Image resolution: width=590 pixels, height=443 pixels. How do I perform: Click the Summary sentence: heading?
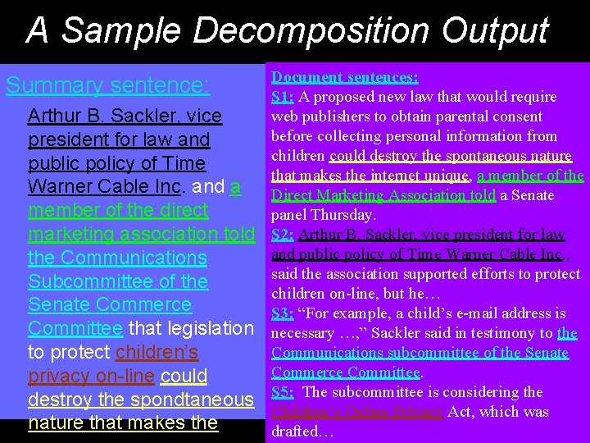tap(107, 85)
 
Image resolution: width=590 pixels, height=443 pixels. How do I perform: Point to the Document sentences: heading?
tap(345, 77)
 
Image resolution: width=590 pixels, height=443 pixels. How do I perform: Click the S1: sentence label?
tap(283, 97)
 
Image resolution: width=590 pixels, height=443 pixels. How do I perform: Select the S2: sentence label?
tap(283, 235)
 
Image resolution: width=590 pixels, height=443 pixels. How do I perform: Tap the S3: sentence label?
tap(283, 313)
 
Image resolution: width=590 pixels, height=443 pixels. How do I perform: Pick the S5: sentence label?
tap(283, 392)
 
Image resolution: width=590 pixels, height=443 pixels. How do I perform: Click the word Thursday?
tap(345, 215)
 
